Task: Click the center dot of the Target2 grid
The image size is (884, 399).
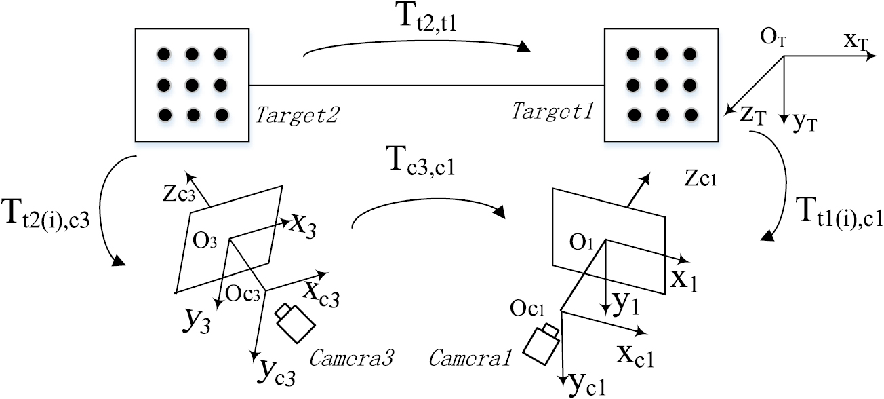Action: [x=192, y=85]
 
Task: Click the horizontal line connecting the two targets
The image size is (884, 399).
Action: [x=427, y=85]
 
